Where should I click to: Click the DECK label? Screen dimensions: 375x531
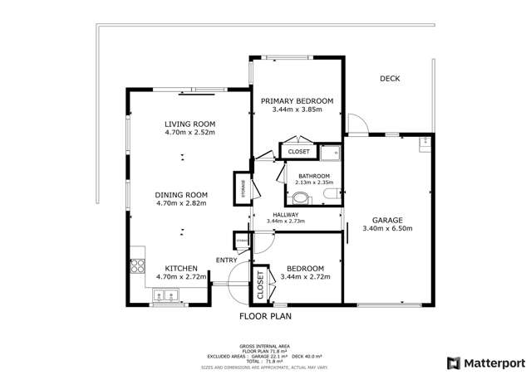point(390,79)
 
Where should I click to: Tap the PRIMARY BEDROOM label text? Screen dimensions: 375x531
point(297,101)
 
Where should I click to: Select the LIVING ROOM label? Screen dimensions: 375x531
point(189,124)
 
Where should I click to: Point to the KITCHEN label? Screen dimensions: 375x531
point(180,268)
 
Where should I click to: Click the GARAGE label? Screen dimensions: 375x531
point(388,220)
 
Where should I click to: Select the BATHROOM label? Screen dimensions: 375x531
point(315,176)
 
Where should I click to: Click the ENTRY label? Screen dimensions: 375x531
point(226,261)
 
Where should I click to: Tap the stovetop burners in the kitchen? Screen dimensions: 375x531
point(137,267)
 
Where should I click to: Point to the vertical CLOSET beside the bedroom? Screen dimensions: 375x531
point(260,285)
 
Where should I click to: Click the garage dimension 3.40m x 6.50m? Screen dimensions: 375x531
point(388,228)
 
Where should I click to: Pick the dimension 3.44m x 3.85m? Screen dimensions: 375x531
point(297,110)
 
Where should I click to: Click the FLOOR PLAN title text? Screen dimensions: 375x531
point(265,316)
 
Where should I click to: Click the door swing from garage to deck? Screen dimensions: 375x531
point(357,124)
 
